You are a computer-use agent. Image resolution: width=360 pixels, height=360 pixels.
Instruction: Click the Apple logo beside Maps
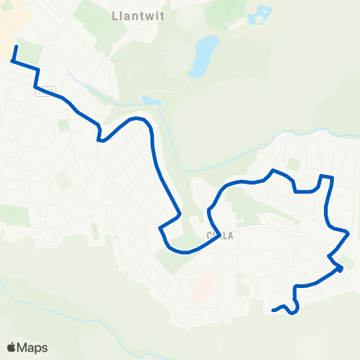12,347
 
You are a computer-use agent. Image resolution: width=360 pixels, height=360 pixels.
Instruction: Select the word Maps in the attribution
32,347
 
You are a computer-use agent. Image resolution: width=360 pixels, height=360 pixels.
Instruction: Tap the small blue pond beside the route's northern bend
151,100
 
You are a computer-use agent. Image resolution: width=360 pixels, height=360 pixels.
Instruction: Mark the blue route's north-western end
16,47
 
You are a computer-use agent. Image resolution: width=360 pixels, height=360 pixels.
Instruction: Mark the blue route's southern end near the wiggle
273,310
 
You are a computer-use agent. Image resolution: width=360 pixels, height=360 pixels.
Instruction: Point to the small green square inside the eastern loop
295,163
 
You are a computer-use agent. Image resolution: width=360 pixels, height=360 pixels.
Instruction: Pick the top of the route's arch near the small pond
136,118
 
